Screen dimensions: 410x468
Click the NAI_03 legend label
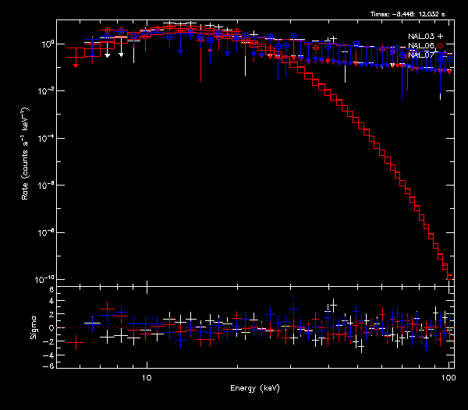[x=421, y=37]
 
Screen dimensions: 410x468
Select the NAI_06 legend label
[x=421, y=46]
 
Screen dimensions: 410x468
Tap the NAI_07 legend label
[x=421, y=55]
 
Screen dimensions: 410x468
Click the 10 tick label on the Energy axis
[x=146, y=376]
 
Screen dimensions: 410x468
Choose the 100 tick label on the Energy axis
[x=448, y=376]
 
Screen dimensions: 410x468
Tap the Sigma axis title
[x=34, y=327]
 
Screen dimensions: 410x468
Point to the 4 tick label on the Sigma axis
[x=50, y=314]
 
